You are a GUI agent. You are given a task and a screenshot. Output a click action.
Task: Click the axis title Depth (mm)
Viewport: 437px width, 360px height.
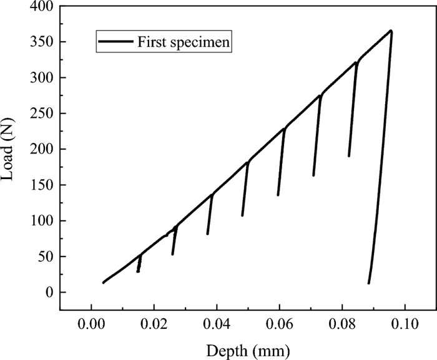(248, 348)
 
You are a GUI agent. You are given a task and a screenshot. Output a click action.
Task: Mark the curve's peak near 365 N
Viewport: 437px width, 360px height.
(391, 31)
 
